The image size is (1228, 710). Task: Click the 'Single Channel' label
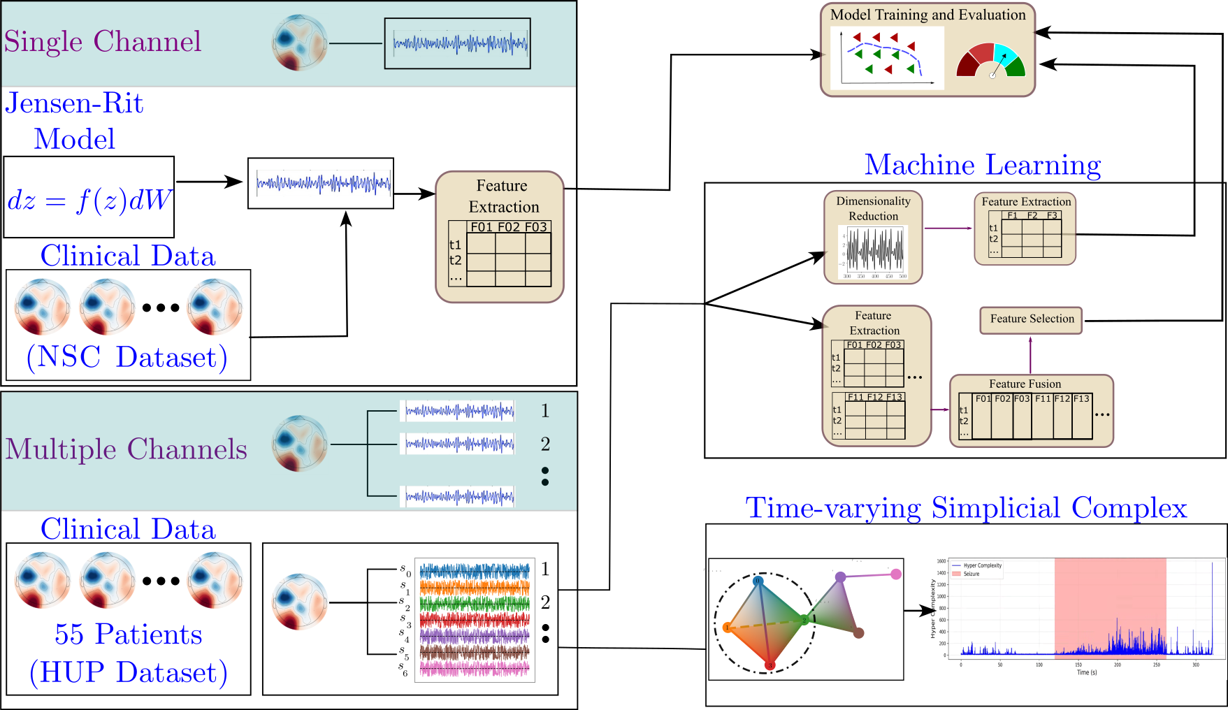pyautogui.click(x=103, y=42)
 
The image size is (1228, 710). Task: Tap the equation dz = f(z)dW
pyautogui.click(x=89, y=201)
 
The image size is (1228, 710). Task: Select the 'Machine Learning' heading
pyautogui.click(x=983, y=165)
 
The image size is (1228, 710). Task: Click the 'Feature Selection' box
pyautogui.click(x=1032, y=319)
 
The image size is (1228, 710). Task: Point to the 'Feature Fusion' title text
pyautogui.click(x=1025, y=384)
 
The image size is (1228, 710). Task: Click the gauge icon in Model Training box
pyautogui.click(x=991, y=61)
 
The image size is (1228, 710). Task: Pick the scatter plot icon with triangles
pyautogui.click(x=887, y=57)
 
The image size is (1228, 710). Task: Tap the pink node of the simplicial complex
pyautogui.click(x=896, y=574)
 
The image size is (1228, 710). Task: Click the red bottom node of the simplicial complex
pyautogui.click(x=770, y=665)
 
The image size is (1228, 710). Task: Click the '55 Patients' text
pyautogui.click(x=129, y=635)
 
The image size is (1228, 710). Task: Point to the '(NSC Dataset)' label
pyautogui.click(x=127, y=357)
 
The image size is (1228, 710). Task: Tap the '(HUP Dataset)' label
pyautogui.click(x=129, y=672)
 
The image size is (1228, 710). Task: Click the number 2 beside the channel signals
pyautogui.click(x=545, y=444)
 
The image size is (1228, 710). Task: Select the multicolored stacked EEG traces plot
pyautogui.click(x=475, y=620)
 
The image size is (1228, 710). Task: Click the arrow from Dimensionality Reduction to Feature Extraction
pyautogui.click(x=948, y=228)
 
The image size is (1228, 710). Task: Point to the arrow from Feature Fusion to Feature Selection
pyautogui.click(x=1030, y=355)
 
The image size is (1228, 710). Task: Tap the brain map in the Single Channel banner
pyautogui.click(x=299, y=43)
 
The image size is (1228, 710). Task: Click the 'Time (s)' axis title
pyautogui.click(x=1087, y=672)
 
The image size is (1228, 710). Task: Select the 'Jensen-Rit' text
pyautogui.click(x=74, y=103)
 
